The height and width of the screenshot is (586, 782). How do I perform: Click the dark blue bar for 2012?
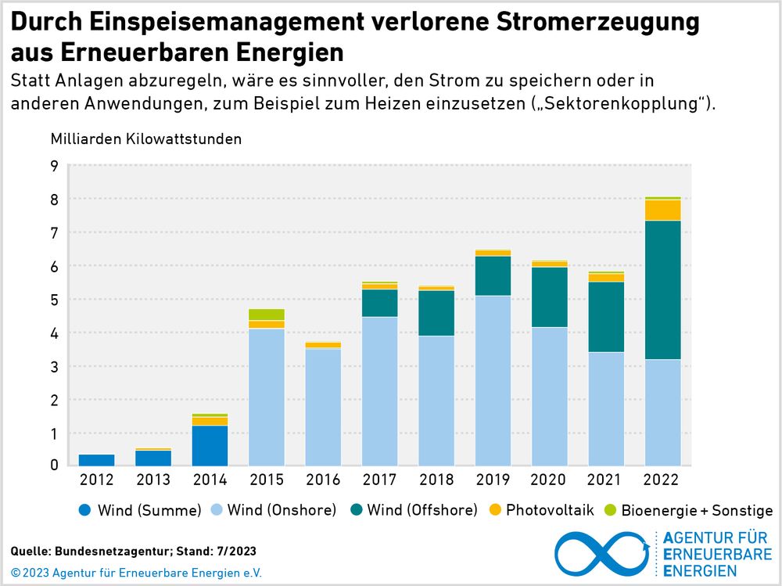96,460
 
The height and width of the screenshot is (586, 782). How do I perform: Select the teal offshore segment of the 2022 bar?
662,289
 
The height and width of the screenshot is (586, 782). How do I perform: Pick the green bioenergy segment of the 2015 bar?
266,315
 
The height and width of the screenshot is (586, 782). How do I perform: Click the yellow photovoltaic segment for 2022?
662,210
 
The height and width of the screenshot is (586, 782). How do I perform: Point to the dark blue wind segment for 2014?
210,445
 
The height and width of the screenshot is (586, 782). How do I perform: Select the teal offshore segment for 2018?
436,313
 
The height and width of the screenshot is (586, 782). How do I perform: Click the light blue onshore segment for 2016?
322,407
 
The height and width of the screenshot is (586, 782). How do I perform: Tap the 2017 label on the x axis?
379,480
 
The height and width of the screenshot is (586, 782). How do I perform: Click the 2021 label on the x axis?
605,480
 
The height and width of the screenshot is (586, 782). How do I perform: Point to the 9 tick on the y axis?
54,166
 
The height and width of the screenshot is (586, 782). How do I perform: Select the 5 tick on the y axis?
54,300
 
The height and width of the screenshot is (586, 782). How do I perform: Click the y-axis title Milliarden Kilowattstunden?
146,139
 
